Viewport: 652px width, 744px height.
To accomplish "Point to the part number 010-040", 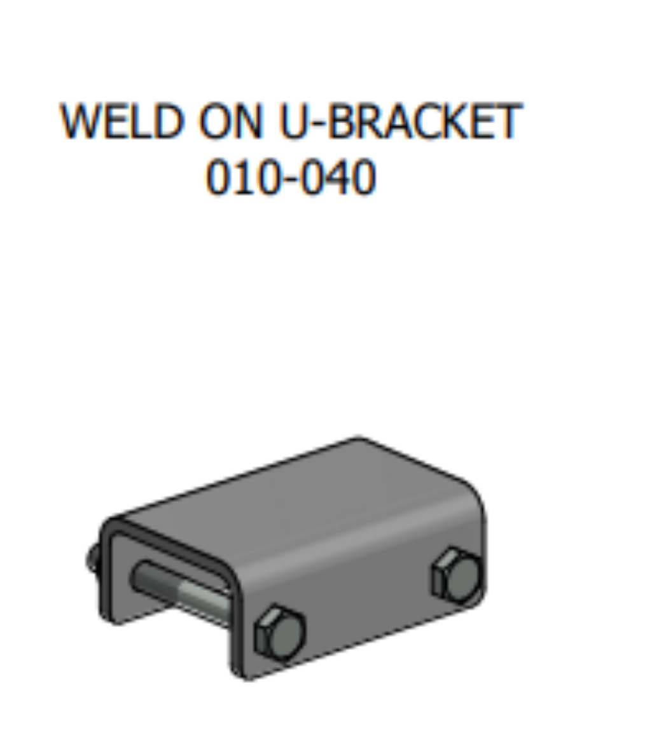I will pos(291,177).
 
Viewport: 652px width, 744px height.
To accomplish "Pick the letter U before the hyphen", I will pos(295,121).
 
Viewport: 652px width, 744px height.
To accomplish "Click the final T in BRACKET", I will pos(509,121).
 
